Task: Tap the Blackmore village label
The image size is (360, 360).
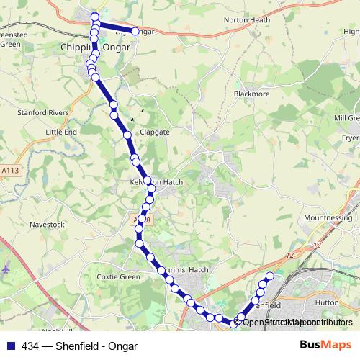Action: pyautogui.click(x=250, y=94)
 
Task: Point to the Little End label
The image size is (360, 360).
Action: pyautogui.click(x=60, y=132)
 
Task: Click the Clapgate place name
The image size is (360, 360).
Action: pyautogui.click(x=154, y=132)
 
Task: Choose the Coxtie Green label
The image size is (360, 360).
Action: pyautogui.click(x=118, y=276)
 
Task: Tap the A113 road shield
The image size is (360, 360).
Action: pyautogui.click(x=10, y=171)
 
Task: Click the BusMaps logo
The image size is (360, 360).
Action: pyautogui.click(x=325, y=346)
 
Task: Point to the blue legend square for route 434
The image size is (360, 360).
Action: pyautogui.click(x=10, y=346)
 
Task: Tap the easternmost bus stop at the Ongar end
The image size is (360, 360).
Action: pyautogui.click(x=135, y=31)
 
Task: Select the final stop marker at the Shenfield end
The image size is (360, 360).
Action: pyautogui.click(x=271, y=276)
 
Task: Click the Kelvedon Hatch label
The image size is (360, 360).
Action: pyautogui.click(x=156, y=182)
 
